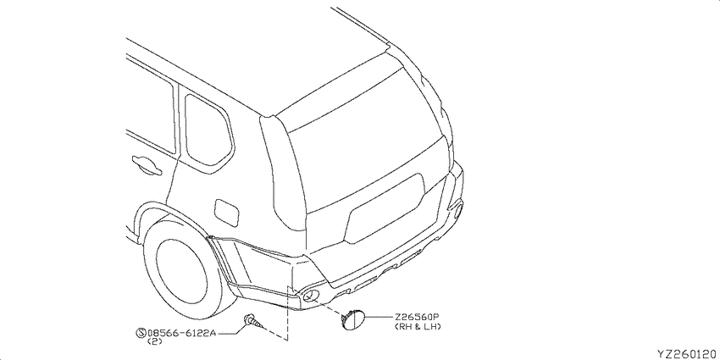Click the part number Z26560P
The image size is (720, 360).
pos(416,318)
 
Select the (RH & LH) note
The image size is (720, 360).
pos(418,326)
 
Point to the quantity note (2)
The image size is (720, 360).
pos(152,341)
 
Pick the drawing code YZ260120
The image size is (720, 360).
pos(687,353)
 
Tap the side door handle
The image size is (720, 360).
pos(146,165)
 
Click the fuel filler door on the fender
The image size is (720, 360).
pos(226,212)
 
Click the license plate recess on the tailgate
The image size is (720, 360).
pos(385,209)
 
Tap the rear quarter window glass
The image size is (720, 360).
pos(208,130)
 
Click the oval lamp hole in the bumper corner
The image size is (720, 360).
pos(310,296)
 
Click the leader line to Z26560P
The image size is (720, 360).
pos(379,318)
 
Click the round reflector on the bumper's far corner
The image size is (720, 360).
pos(458,210)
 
